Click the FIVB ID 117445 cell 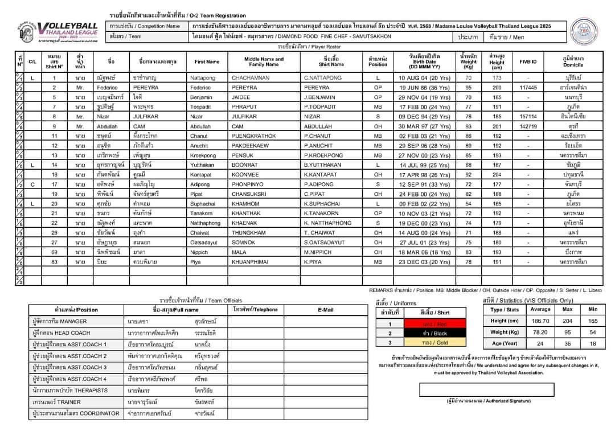528,88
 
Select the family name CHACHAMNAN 251,78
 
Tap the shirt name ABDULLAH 322,126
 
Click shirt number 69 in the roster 55,252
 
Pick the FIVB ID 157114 528,117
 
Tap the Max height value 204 567,321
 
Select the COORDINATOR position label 76,413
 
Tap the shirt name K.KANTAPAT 323,175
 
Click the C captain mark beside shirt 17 32,184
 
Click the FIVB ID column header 528,61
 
